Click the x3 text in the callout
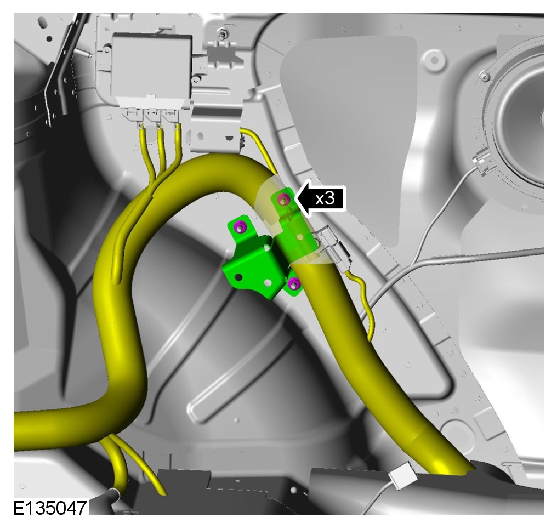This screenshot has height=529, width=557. (325, 198)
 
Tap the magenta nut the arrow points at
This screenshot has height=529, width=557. (283, 199)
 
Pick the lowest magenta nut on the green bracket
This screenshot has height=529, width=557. (293, 283)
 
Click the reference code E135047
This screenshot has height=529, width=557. (50, 508)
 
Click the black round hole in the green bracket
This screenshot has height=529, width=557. (238, 277)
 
